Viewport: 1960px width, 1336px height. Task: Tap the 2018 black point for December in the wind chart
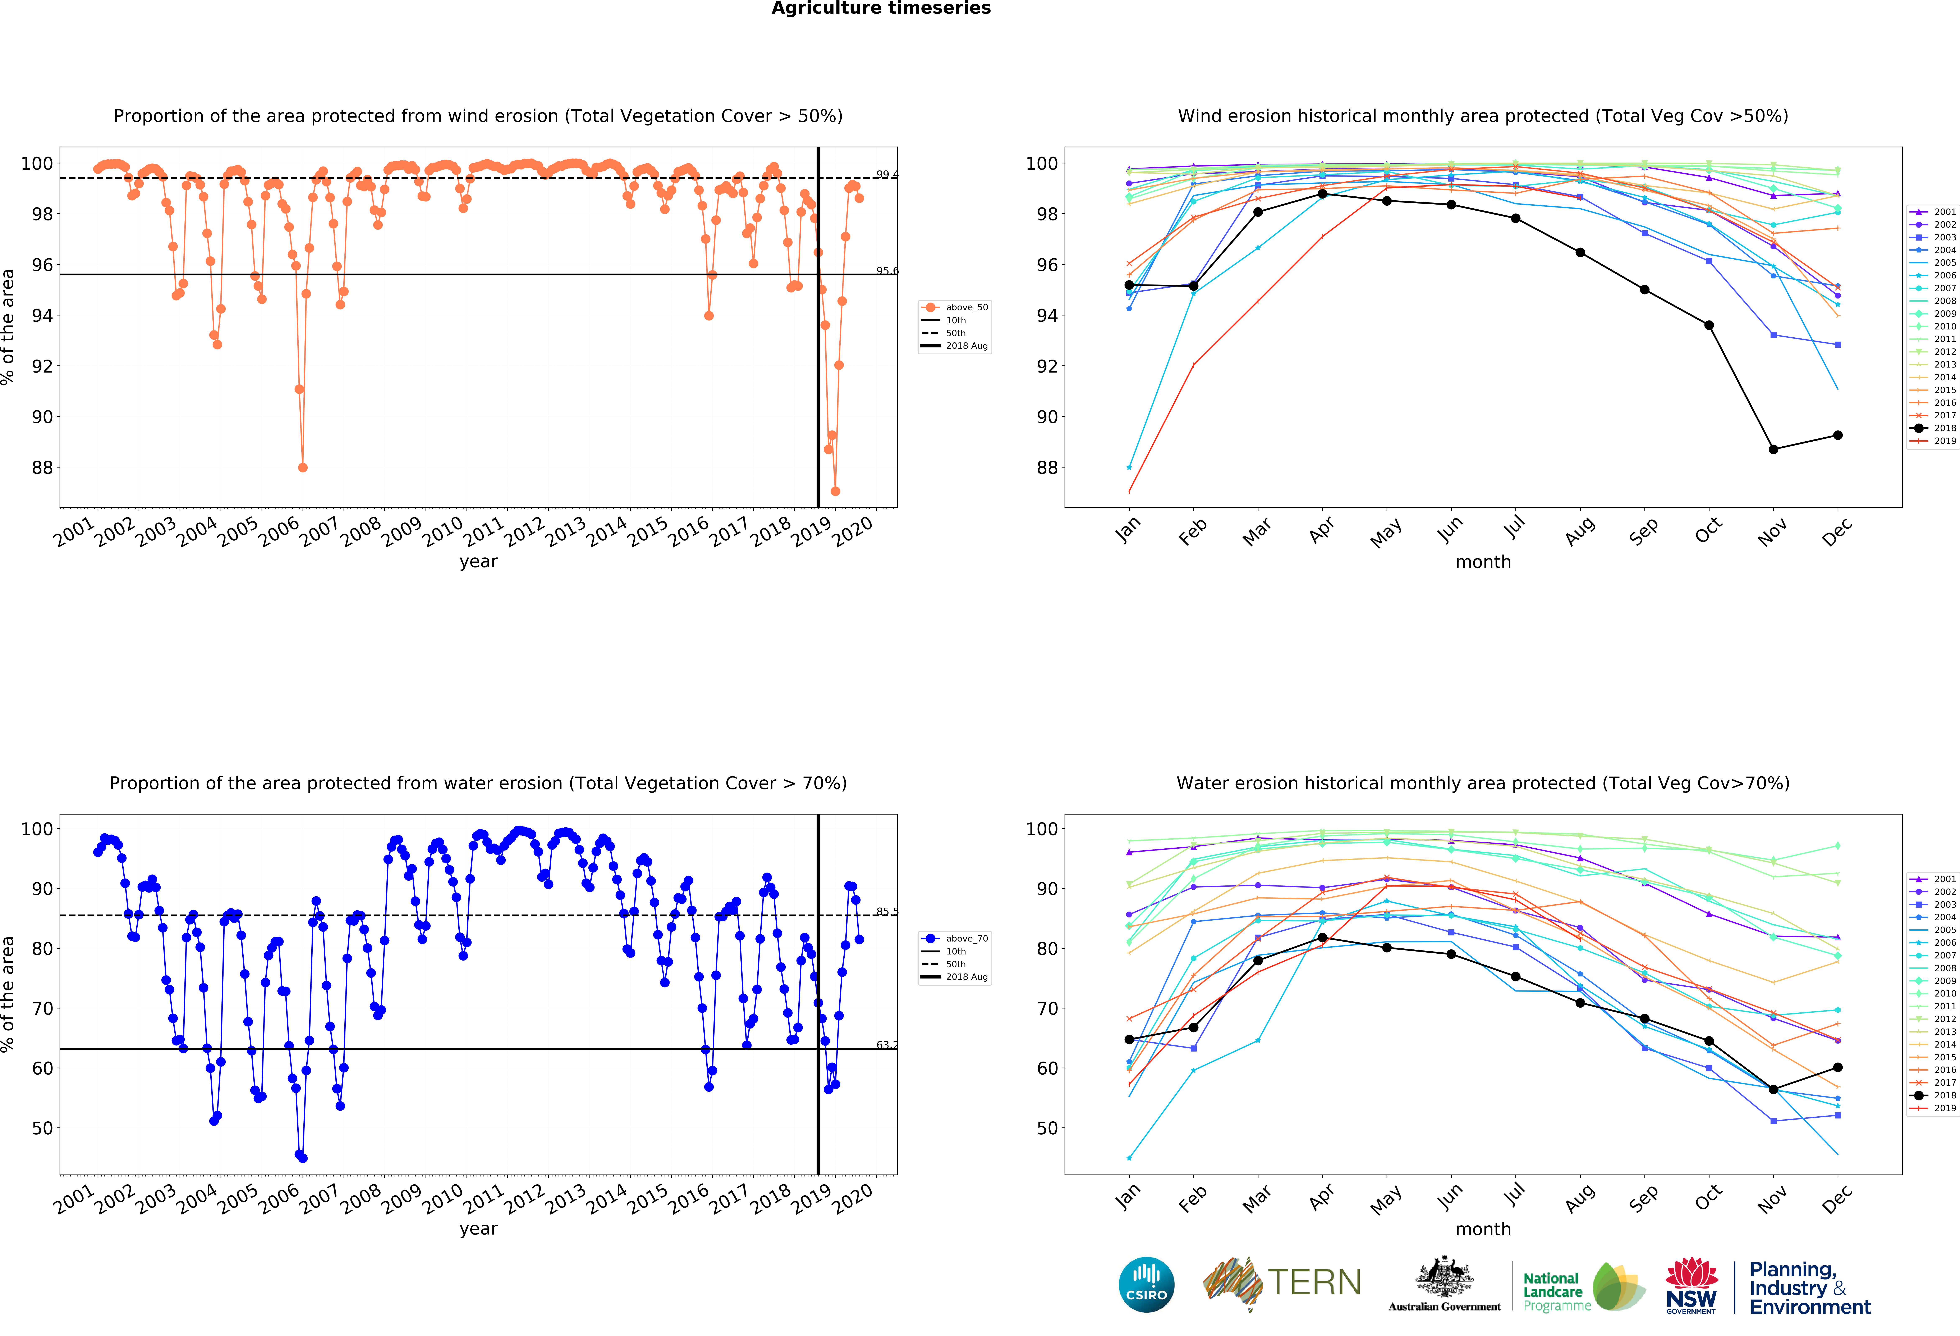click(1838, 435)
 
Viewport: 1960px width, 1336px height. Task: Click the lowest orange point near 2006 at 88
click(303, 467)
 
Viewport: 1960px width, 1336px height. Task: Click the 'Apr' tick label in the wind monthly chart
click(1322, 530)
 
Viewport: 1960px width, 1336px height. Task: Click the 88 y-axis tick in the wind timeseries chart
click(42, 467)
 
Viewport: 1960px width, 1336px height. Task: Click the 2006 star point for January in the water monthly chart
click(1129, 1158)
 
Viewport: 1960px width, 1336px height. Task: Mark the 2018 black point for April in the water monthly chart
click(1322, 938)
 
